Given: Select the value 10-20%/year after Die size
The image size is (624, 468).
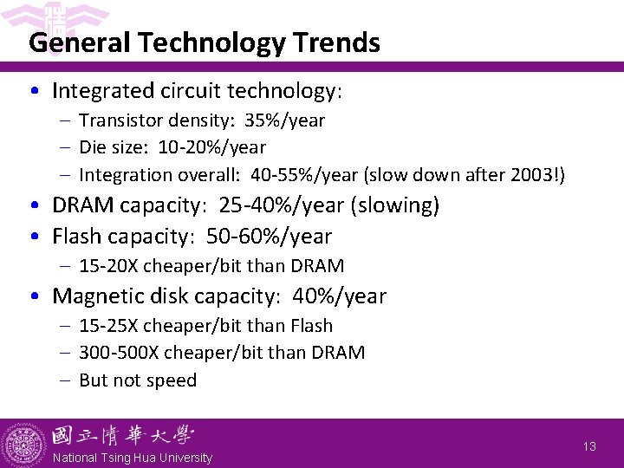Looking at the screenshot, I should click(211, 147).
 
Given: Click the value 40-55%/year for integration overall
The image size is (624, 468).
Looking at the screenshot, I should click(303, 174).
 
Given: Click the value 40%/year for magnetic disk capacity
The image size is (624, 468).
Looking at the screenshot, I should click(340, 296).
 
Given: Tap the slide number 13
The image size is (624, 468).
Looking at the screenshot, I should click(589, 446).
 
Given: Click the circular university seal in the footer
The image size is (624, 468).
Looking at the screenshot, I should click(25, 443).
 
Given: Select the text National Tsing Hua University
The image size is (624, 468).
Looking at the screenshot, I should click(132, 458).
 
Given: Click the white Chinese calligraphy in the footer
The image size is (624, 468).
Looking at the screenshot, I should click(122, 436).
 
